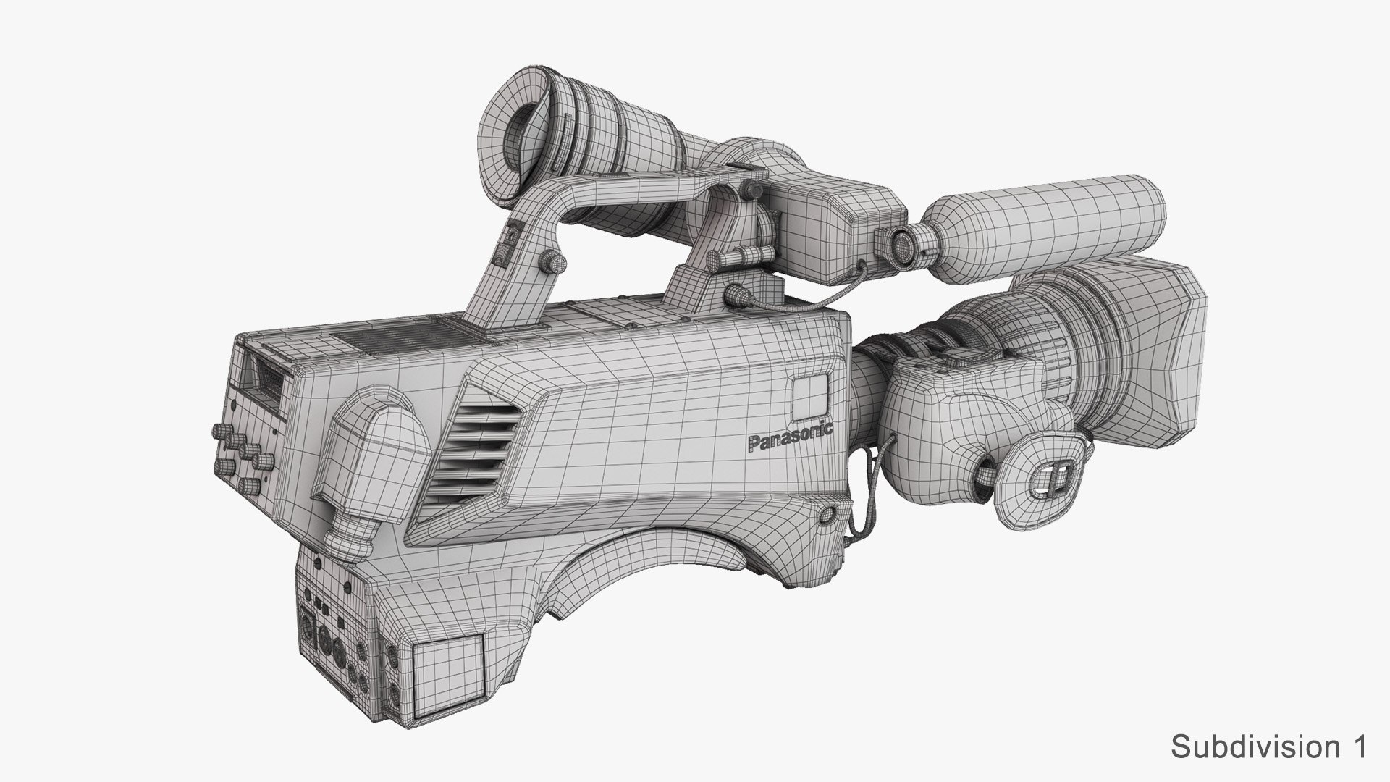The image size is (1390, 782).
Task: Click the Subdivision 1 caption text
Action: [1306, 747]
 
